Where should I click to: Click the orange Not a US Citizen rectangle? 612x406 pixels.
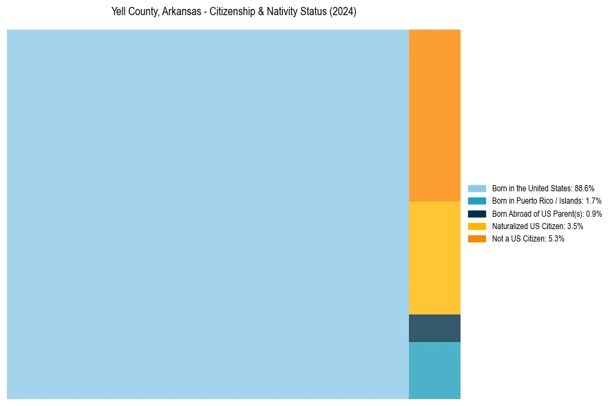[x=434, y=115]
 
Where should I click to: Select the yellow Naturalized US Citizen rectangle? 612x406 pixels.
[x=434, y=257]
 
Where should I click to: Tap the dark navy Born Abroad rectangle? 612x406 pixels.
[x=434, y=328]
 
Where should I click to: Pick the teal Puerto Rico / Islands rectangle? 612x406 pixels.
[x=434, y=370]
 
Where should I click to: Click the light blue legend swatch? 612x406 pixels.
[x=477, y=189]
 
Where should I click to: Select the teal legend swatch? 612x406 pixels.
[x=477, y=201]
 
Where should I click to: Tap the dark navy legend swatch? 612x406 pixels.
[x=477, y=214]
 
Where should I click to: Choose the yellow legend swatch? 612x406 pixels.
[x=477, y=226]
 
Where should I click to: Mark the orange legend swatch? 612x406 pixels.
[x=477, y=239]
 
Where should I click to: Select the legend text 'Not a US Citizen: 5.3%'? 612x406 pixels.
[x=527, y=239]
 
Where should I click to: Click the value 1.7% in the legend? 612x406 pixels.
[x=593, y=201]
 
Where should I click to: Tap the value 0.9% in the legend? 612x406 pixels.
[x=594, y=214]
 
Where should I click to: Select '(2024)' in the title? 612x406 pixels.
[x=343, y=12]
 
